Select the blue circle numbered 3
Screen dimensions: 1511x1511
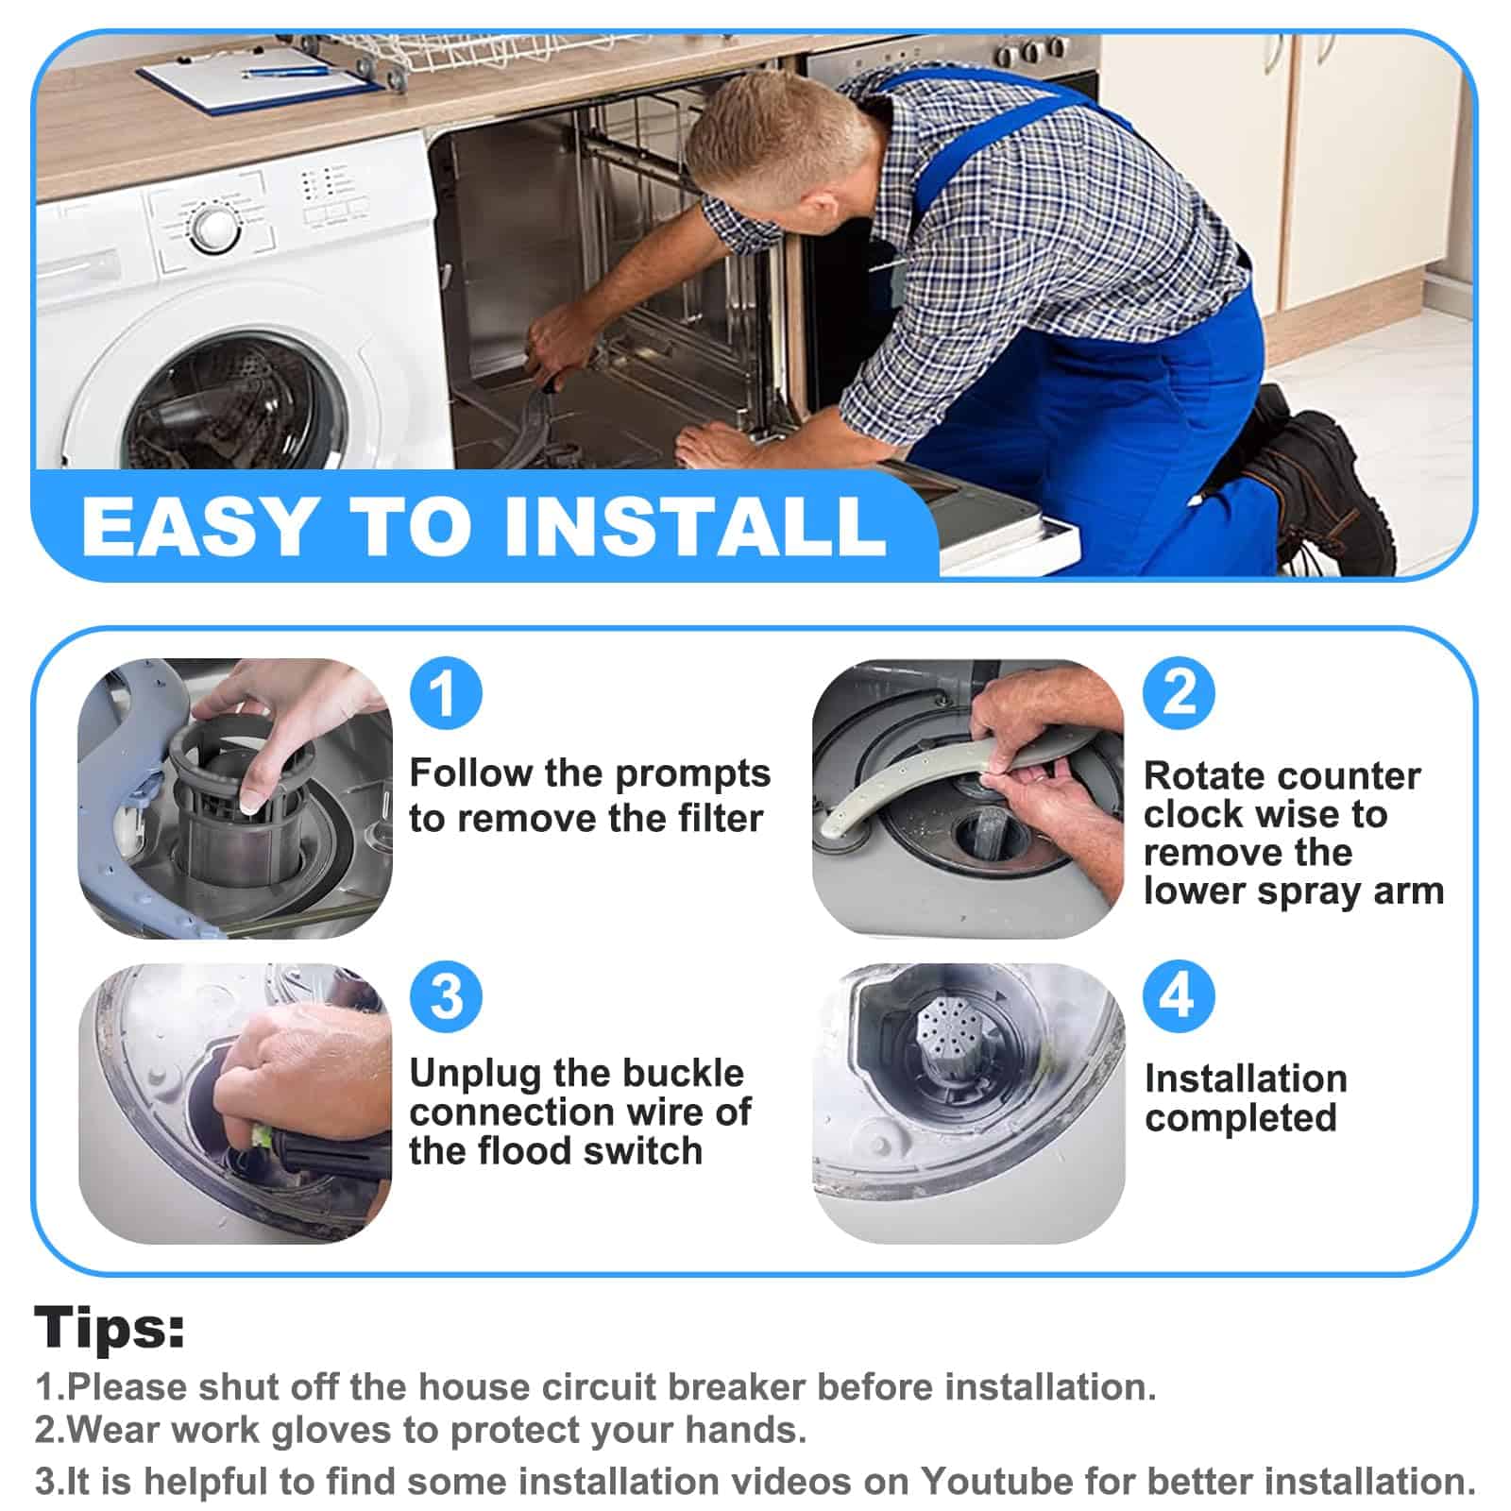446,996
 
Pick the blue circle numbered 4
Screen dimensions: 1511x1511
1180,996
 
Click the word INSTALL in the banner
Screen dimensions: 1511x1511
696,525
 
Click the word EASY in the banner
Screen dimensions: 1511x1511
199,525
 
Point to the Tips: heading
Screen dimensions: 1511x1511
110,1327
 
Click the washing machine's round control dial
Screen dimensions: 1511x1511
214,228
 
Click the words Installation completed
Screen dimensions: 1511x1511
1246,1098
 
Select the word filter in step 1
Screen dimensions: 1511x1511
714,818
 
